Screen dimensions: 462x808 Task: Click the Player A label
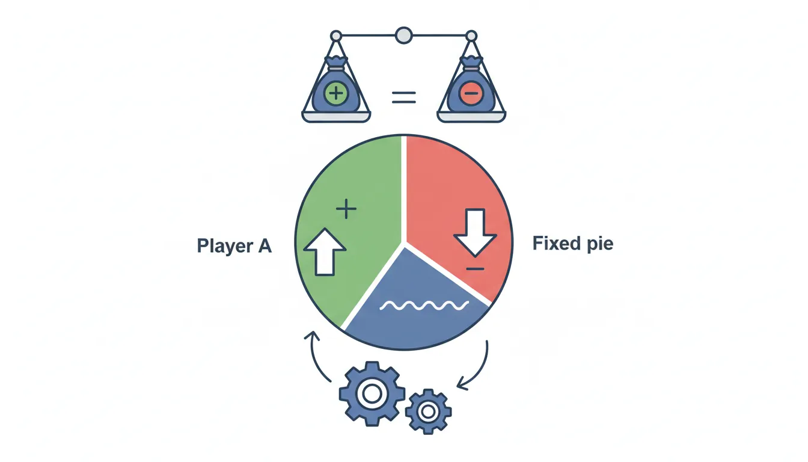pyautogui.click(x=234, y=246)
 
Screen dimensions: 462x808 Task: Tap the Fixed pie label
pyautogui.click(x=572, y=244)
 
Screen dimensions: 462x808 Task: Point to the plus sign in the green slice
pyautogui.click(x=346, y=209)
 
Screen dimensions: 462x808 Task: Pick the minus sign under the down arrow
pyautogui.click(x=475, y=268)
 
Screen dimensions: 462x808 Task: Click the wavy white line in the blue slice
pyautogui.click(x=424, y=306)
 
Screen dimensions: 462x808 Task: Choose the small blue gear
pyautogui.click(x=428, y=411)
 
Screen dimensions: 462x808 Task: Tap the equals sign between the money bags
pyautogui.click(x=404, y=97)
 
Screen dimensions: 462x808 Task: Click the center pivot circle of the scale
pyautogui.click(x=404, y=35)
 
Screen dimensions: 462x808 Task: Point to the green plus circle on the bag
pyautogui.click(x=335, y=94)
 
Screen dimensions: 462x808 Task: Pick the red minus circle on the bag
pyautogui.click(x=471, y=94)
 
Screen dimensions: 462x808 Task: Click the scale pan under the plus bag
pyautogui.click(x=335, y=116)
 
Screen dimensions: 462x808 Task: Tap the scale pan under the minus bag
pyautogui.click(x=471, y=116)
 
